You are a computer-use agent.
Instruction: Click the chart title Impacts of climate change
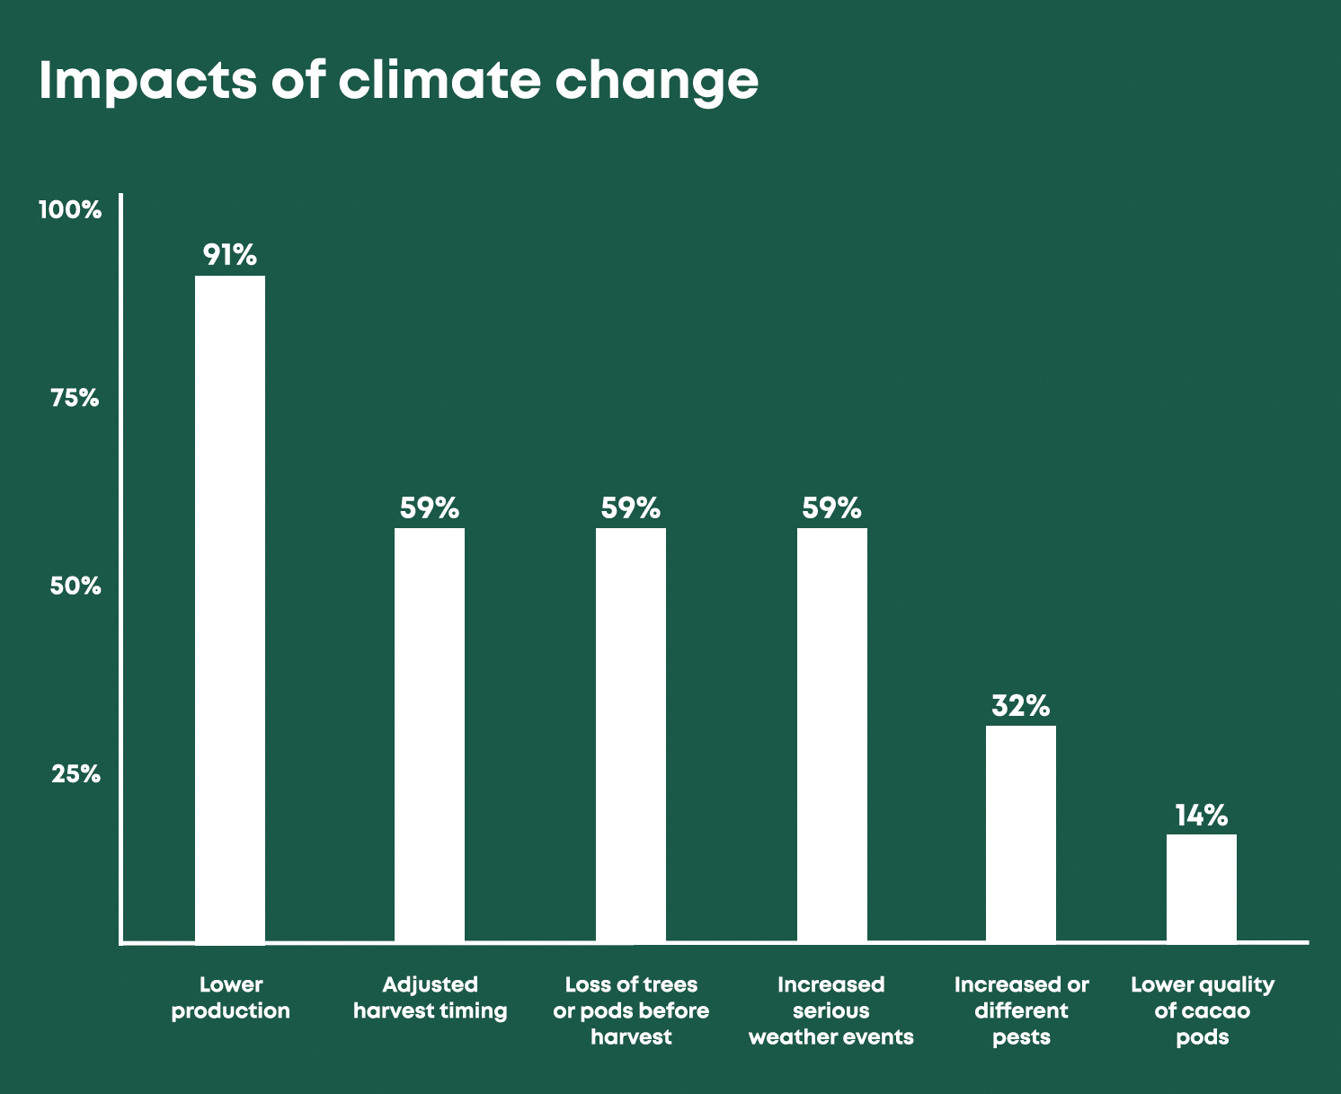[x=398, y=81]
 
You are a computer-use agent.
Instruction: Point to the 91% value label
[x=230, y=255]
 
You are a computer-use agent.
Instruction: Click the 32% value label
[x=1021, y=706]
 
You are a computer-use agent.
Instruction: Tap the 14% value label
[x=1202, y=816]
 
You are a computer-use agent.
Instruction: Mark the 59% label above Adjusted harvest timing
[x=430, y=508]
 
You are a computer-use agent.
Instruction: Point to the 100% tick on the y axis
[x=70, y=210]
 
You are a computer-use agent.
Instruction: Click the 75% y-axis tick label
[x=75, y=398]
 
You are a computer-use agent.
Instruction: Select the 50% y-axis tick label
[x=75, y=587]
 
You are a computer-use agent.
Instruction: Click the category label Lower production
[x=231, y=998]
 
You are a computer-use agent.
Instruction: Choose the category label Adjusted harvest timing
[x=431, y=998]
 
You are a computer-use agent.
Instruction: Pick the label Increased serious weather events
[x=831, y=1010]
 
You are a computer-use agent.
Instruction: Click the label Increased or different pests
[x=1022, y=1010]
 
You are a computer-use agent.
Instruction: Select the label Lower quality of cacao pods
[x=1203, y=1010]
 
